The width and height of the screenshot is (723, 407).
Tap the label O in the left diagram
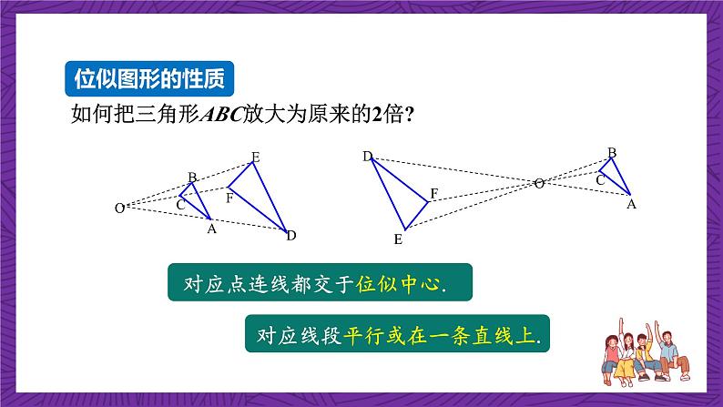pyautogui.click(x=118, y=209)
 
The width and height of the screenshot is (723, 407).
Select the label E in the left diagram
pyautogui.click(x=256, y=158)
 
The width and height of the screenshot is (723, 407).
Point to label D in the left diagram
pyautogui.click(x=291, y=236)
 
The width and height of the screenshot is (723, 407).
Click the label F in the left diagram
pyautogui.click(x=229, y=197)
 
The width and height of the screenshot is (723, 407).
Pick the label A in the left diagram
pyautogui.click(x=211, y=229)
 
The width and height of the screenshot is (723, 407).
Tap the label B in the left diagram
pyautogui.click(x=192, y=177)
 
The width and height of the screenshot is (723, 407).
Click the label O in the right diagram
pyautogui.click(x=539, y=184)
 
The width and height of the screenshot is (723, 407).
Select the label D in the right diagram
pyautogui.click(x=368, y=158)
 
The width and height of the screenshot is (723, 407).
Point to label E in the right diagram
pyautogui.click(x=398, y=239)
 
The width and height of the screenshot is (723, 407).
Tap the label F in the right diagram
pyautogui.click(x=434, y=193)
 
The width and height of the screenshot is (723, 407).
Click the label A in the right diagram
pyautogui.click(x=630, y=204)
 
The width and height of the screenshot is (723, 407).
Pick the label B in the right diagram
pyautogui.click(x=612, y=152)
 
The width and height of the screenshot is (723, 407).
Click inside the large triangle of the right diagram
pyautogui.click(x=402, y=193)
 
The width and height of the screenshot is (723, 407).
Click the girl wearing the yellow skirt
pyautogui.click(x=600, y=351)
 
